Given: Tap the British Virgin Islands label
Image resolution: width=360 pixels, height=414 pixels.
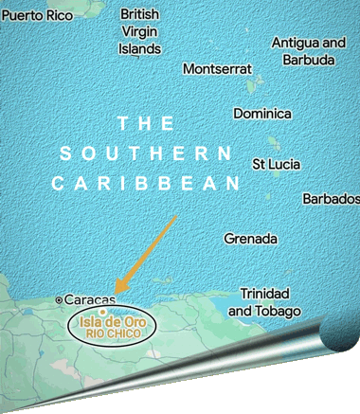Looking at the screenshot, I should (140, 30).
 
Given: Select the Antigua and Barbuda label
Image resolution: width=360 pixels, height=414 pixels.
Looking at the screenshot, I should (309, 51).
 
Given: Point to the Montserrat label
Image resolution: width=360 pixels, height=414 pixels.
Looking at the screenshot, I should (217, 69).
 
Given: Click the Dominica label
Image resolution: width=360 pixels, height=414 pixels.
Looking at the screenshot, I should (262, 114).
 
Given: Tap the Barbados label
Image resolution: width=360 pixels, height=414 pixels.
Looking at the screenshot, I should (331, 199).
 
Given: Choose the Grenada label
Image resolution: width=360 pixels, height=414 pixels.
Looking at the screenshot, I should (250, 239).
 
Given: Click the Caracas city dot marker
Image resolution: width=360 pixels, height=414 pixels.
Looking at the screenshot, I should (60, 299).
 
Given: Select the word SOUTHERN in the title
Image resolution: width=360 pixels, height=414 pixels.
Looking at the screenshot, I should (145, 153).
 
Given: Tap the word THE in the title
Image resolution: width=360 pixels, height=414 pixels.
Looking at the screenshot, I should (145, 123).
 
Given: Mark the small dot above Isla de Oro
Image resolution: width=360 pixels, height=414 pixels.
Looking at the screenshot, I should (100, 310).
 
